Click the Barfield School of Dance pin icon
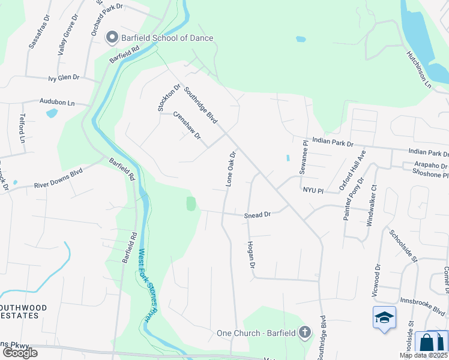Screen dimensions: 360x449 click(112, 38)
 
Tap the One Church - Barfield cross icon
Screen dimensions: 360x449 click(305, 332)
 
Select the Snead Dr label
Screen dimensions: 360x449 click(258, 214)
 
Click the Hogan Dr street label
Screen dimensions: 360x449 click(252, 255)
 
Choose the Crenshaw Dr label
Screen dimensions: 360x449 click(187, 126)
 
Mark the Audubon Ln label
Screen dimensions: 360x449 click(57, 102)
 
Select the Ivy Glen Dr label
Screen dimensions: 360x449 click(64, 78)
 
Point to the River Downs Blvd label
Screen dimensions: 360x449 click(58, 179)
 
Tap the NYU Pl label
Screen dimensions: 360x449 click(313, 190)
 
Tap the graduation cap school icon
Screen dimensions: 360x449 click(384, 318)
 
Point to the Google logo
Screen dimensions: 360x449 click(20, 352)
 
